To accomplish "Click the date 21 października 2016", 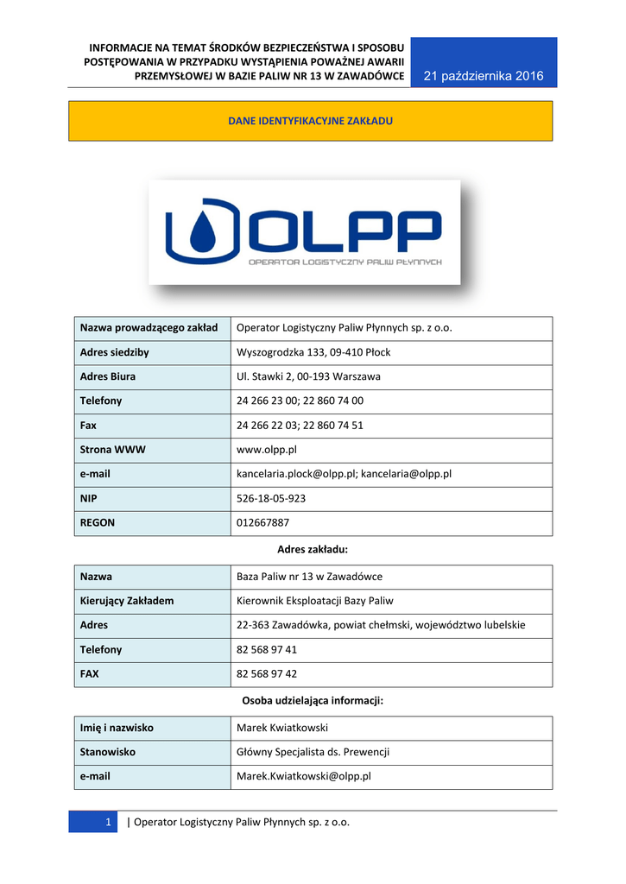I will click(x=484, y=76).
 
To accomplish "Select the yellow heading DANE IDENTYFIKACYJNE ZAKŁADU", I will click(x=310, y=121).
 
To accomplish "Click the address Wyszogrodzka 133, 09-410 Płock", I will click(x=313, y=352).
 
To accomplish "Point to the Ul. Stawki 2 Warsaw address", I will click(x=308, y=376).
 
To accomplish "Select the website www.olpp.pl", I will click(x=267, y=450).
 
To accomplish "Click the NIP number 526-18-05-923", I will click(x=271, y=498).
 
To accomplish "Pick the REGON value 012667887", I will click(x=263, y=522).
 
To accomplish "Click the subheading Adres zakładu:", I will click(x=312, y=549).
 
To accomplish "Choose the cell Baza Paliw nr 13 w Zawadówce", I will click(x=309, y=576).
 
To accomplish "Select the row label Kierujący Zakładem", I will click(x=127, y=600).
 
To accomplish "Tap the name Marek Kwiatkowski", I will click(x=282, y=728).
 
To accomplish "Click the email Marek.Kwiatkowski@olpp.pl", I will click(x=304, y=776).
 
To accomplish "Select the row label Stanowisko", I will click(x=108, y=752).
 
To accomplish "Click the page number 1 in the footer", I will click(x=109, y=822).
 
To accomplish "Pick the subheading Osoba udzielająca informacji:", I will click(x=312, y=701).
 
